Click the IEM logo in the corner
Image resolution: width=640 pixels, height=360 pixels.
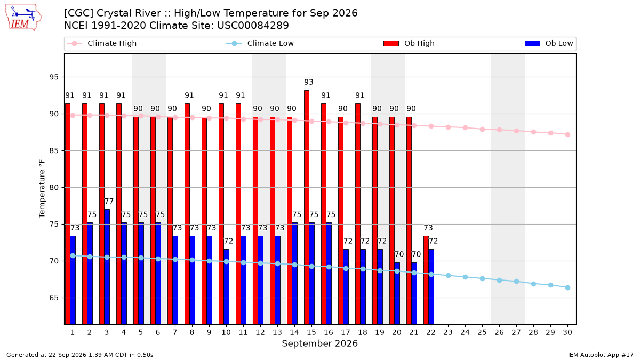coord(23,18)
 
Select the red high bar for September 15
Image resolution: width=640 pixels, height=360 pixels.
coord(307,207)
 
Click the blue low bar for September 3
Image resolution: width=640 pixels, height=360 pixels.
coord(107,267)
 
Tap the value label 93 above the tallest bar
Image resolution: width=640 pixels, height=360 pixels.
coord(309,82)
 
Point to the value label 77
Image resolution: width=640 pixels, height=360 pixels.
coord(109,202)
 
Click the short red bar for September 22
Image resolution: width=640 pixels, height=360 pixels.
coord(426,280)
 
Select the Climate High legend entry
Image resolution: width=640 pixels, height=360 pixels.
coord(102,43)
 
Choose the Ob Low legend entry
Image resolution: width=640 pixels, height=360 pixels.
coord(549,43)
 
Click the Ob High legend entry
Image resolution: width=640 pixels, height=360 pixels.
coord(409,43)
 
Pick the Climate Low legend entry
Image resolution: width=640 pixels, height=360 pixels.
coord(260,43)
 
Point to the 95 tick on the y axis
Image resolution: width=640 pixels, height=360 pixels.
coord(54,77)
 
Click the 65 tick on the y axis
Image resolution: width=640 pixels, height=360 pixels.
coord(54,298)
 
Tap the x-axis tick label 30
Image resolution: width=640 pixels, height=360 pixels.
coord(567,332)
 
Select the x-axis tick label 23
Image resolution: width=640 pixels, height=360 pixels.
coord(448,332)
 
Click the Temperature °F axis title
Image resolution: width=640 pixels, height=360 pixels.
coord(42,189)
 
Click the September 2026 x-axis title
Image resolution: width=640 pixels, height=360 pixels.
coord(319,343)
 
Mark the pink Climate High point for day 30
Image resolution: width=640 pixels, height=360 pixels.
coord(567,134)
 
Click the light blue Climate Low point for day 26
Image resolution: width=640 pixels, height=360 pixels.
coord(499,281)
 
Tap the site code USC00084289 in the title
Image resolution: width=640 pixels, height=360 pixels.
coord(253,26)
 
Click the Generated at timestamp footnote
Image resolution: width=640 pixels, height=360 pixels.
coord(79,355)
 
